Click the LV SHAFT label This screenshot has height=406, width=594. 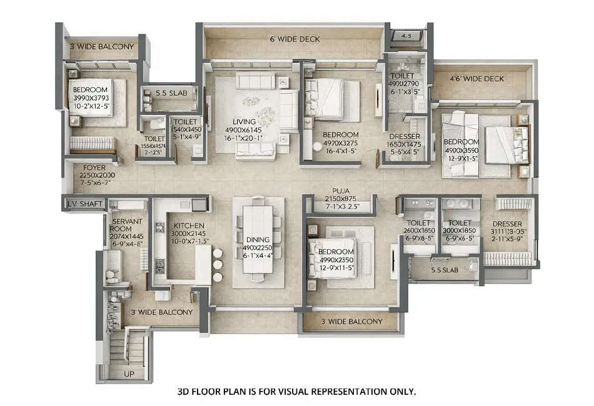tap(83, 204)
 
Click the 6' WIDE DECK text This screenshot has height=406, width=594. tap(294, 39)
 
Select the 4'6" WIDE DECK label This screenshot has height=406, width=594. tap(476, 79)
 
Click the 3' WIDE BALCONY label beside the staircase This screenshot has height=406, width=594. tap(161, 312)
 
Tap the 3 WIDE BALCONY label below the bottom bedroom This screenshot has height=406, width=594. tap(351, 322)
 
